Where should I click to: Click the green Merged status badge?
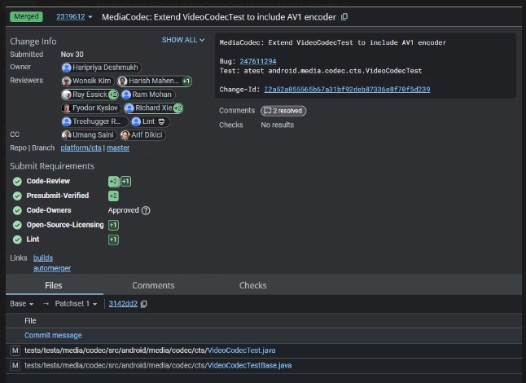click(x=26, y=16)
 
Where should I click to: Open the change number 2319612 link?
click(x=71, y=17)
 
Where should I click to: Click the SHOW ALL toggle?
click(x=183, y=40)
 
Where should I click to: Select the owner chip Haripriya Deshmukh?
click(x=101, y=68)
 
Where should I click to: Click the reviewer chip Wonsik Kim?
click(x=88, y=81)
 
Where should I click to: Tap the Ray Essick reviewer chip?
click(x=90, y=95)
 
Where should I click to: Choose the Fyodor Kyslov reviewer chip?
click(x=91, y=108)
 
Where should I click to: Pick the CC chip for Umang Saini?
click(x=89, y=135)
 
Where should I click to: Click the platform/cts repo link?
click(x=81, y=147)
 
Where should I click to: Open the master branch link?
click(x=118, y=147)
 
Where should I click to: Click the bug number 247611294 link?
click(x=258, y=61)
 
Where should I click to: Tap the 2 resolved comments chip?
click(x=283, y=111)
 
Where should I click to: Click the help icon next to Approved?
click(x=146, y=210)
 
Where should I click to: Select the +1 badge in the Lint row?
click(x=113, y=240)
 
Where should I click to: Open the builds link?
click(x=43, y=258)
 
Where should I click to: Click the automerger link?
click(x=52, y=268)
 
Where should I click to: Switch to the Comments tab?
click(x=153, y=285)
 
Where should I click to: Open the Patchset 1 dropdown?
click(x=77, y=304)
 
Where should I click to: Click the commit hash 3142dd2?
click(x=123, y=304)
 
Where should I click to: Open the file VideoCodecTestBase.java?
click(x=250, y=365)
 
